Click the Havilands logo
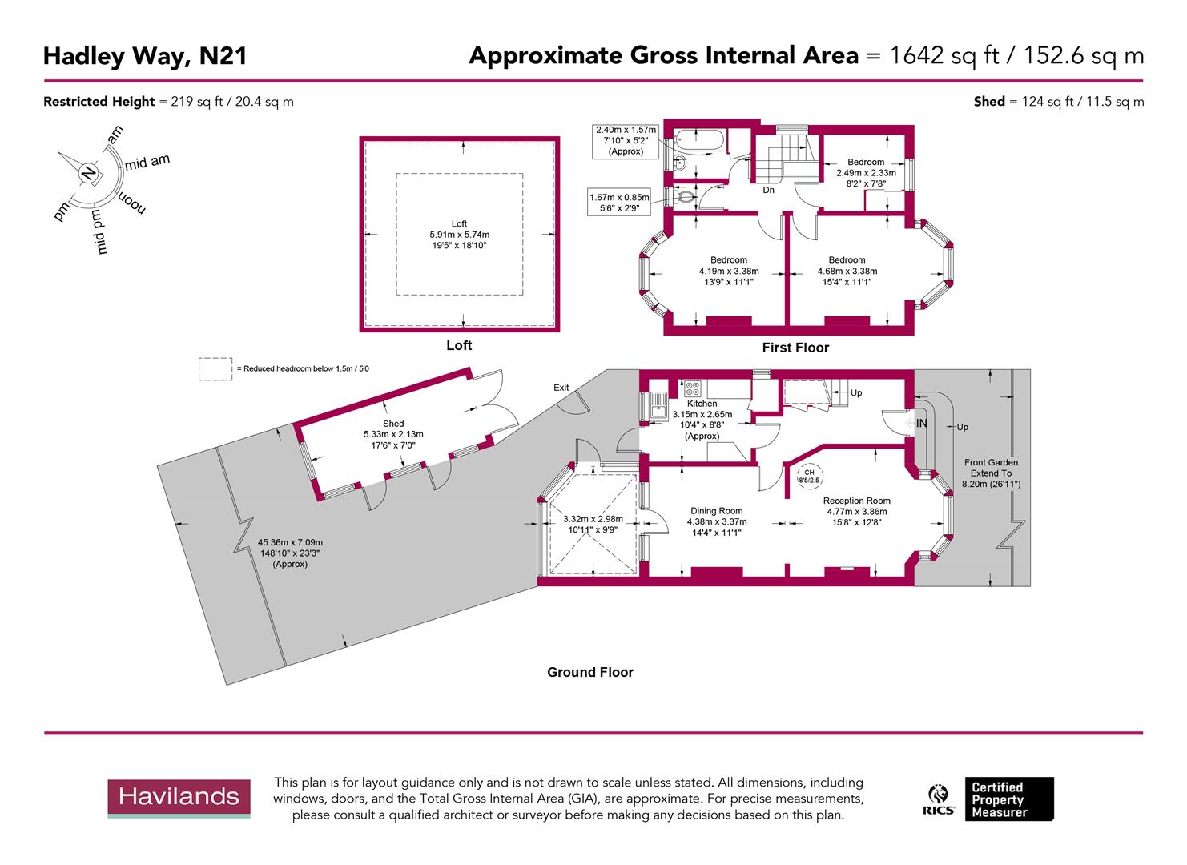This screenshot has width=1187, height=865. click(179, 798)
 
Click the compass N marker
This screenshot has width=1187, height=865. click(88, 172)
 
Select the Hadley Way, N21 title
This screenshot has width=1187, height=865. click(145, 56)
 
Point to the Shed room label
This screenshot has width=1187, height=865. click(393, 424)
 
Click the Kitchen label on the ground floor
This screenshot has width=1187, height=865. click(702, 404)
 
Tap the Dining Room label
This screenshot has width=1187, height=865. click(717, 511)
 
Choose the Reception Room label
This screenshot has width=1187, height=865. click(856, 501)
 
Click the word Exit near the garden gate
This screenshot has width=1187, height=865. click(561, 388)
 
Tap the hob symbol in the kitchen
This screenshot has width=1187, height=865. click(693, 389)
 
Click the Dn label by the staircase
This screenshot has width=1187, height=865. click(768, 191)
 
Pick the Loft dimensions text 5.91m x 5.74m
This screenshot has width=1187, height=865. click(459, 235)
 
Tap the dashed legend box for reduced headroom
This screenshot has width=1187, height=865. click(215, 369)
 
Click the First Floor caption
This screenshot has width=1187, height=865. click(795, 348)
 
